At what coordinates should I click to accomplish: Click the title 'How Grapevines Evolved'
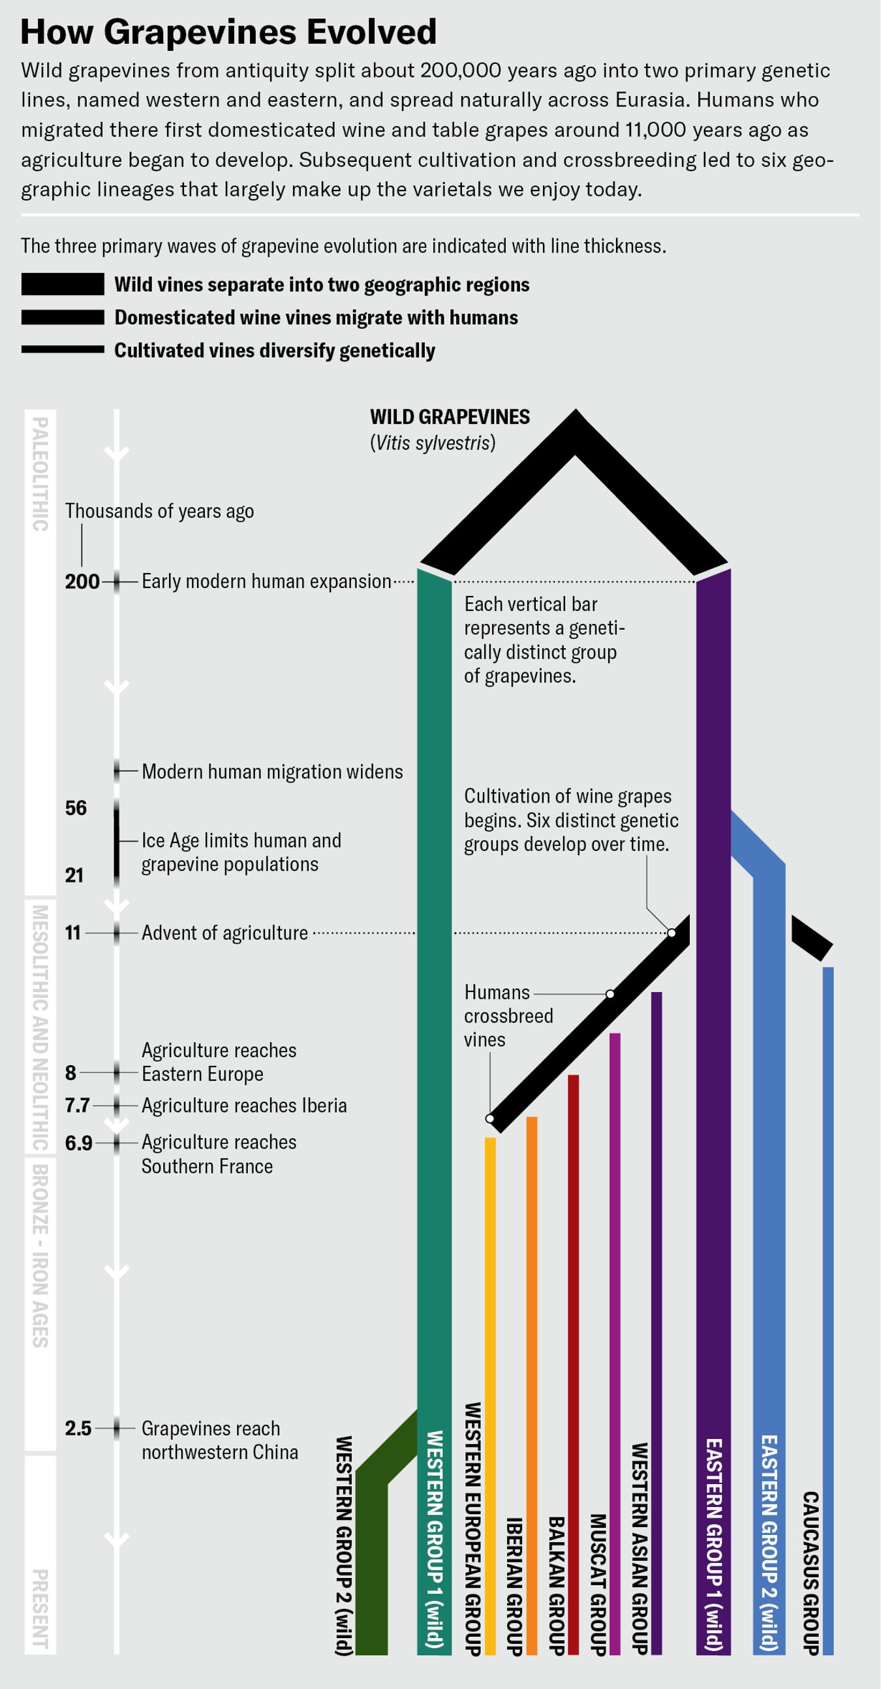229,32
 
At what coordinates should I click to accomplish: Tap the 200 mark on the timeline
82,581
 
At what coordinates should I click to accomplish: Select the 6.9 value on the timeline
79,1143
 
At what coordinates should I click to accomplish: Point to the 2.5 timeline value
78,1428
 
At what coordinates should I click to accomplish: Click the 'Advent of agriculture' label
225,933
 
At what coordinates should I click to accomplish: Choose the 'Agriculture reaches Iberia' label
244,1106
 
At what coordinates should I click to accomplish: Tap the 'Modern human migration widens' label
272,771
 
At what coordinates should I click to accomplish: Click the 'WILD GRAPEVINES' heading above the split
450,417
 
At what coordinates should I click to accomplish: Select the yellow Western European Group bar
490,1377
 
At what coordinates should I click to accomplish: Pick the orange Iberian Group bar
532,1344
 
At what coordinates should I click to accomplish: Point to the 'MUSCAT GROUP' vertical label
598,1583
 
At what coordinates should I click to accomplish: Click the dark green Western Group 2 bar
372,1573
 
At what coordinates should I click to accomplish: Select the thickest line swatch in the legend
63,285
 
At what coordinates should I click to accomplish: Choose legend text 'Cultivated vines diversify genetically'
275,350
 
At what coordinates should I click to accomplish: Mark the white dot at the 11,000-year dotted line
672,933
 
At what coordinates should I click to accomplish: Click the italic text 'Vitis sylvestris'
433,443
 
